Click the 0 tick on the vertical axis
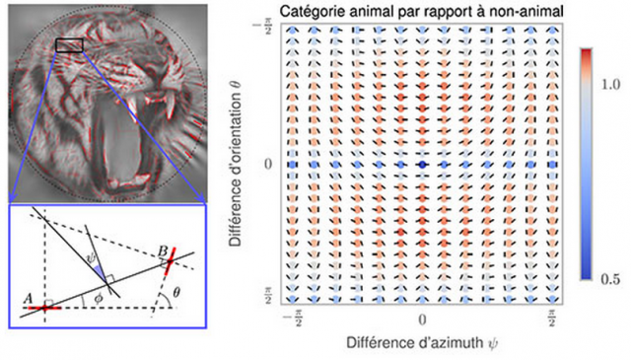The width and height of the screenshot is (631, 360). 267,165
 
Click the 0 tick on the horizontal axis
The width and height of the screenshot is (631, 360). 422,320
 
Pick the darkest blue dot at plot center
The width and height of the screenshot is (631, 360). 422,165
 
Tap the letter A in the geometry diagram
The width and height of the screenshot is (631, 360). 28,299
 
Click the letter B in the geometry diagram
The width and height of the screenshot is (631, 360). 162,252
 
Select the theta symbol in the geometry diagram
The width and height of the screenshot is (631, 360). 176,293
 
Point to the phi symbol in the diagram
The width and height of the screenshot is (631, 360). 98,299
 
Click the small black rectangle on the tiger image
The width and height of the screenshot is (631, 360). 69,45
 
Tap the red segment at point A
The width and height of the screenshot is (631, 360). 44,308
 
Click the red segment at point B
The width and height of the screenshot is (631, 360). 171,260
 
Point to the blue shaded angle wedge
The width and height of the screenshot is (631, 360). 99,270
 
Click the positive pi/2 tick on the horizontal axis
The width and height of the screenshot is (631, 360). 552,321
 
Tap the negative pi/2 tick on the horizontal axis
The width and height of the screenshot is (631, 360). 294,321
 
